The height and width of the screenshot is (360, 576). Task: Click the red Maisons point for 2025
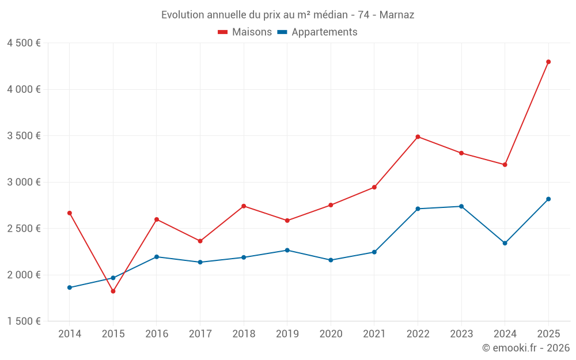(548, 62)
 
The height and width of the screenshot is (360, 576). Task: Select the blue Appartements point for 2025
(548, 199)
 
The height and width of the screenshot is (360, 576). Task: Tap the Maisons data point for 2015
(113, 291)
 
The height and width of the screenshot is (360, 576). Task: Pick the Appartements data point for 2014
(70, 287)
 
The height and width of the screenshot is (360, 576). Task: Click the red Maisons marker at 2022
(418, 137)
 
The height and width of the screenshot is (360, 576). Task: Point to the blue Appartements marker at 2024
(505, 243)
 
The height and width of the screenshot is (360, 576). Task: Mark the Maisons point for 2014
(70, 213)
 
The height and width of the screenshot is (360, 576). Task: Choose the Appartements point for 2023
(461, 206)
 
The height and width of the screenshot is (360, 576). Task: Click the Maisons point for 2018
(244, 206)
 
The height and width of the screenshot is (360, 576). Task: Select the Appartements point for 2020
(331, 260)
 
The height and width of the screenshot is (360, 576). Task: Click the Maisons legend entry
(245, 32)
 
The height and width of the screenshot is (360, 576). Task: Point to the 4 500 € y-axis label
(24, 43)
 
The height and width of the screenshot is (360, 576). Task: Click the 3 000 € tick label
(24, 182)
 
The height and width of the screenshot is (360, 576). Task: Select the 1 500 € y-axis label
(24, 321)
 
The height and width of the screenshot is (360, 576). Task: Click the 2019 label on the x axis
(287, 334)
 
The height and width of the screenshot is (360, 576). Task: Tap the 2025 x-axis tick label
(548, 334)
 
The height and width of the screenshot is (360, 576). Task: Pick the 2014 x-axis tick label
(70, 334)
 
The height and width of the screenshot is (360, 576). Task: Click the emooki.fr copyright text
(526, 348)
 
